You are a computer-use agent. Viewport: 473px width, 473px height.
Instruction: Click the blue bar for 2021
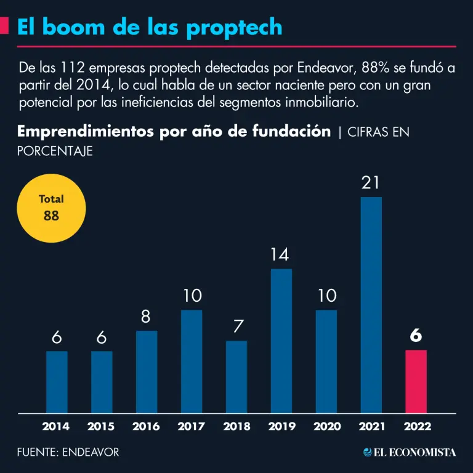tap(371, 305)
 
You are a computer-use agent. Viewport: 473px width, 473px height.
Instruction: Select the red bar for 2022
tap(416, 381)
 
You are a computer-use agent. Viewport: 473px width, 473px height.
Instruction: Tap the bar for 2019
tap(281, 341)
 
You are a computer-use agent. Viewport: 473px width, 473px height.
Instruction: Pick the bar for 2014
tap(57, 382)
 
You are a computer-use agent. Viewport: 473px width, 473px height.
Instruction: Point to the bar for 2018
tap(236, 376)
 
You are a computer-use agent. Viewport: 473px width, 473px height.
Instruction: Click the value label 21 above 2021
tap(371, 184)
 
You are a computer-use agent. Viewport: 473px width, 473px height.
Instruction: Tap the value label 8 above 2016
tap(146, 317)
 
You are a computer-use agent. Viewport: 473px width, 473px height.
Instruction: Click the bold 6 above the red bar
tap(416, 336)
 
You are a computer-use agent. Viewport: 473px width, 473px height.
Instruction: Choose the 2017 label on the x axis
tap(191, 426)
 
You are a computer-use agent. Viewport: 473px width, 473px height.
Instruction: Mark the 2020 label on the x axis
tap(326, 426)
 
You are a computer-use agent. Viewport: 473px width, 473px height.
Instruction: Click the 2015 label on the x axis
tap(101, 426)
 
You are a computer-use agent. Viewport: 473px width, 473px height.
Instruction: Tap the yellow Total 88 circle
tap(51, 208)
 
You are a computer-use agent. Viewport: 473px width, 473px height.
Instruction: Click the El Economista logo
tap(410, 453)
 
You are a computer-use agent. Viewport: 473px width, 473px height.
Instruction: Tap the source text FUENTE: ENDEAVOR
tap(68, 453)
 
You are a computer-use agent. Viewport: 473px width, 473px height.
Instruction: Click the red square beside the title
tap(4, 26)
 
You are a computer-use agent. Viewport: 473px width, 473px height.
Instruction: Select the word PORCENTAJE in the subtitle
tap(55, 151)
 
